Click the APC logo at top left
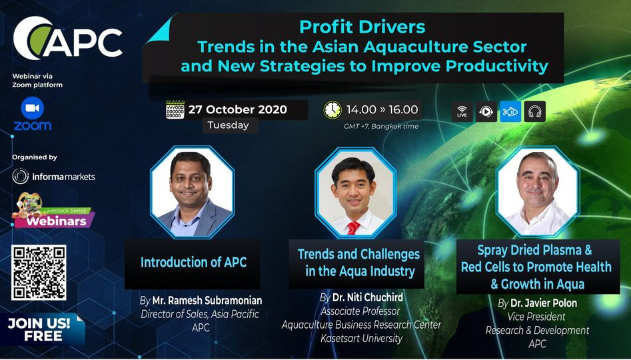[x=67, y=39]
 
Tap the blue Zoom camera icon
[x=33, y=108]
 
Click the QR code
[x=39, y=272]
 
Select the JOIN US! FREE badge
[x=42, y=329]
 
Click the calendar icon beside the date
[x=175, y=109]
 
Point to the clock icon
[x=332, y=110]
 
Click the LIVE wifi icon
[x=462, y=111]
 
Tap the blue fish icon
[x=510, y=111]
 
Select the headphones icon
[x=535, y=111]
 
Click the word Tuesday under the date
[x=228, y=125]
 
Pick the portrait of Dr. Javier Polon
[x=538, y=192]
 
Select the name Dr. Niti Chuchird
[x=367, y=298]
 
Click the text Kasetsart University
[x=361, y=339]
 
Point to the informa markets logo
[x=53, y=177]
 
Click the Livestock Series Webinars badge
[x=54, y=212]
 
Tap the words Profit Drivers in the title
[x=362, y=27]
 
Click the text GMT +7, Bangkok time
[x=381, y=127]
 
